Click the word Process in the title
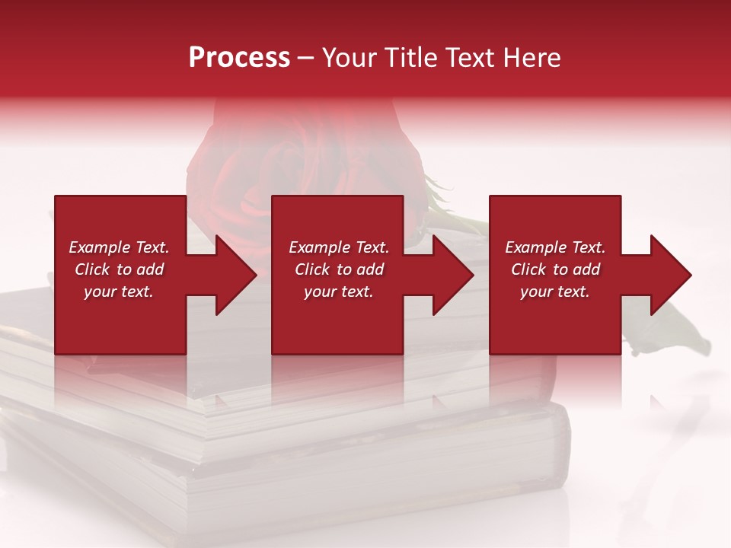(239, 58)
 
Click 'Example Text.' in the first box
(119, 247)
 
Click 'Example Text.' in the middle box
(339, 247)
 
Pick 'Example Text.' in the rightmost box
(555, 247)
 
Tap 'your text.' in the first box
(119, 292)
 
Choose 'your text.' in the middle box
(339, 292)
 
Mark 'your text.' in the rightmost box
(555, 292)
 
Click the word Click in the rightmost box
(528, 269)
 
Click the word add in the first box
(151, 269)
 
